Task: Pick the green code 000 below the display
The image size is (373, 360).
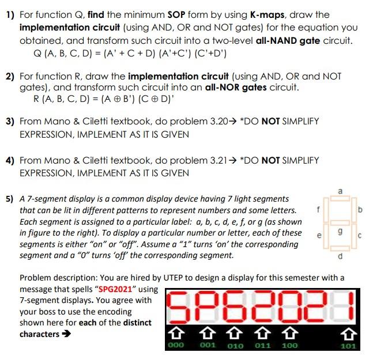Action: pos(176,345)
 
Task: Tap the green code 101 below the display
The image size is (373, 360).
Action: pos(348,346)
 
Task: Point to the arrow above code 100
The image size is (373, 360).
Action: pos(291,332)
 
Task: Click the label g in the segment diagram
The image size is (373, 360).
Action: pos(340,230)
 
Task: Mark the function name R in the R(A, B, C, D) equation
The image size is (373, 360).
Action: pos(39,100)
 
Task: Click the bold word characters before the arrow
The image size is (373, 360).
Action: pos(39,334)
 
